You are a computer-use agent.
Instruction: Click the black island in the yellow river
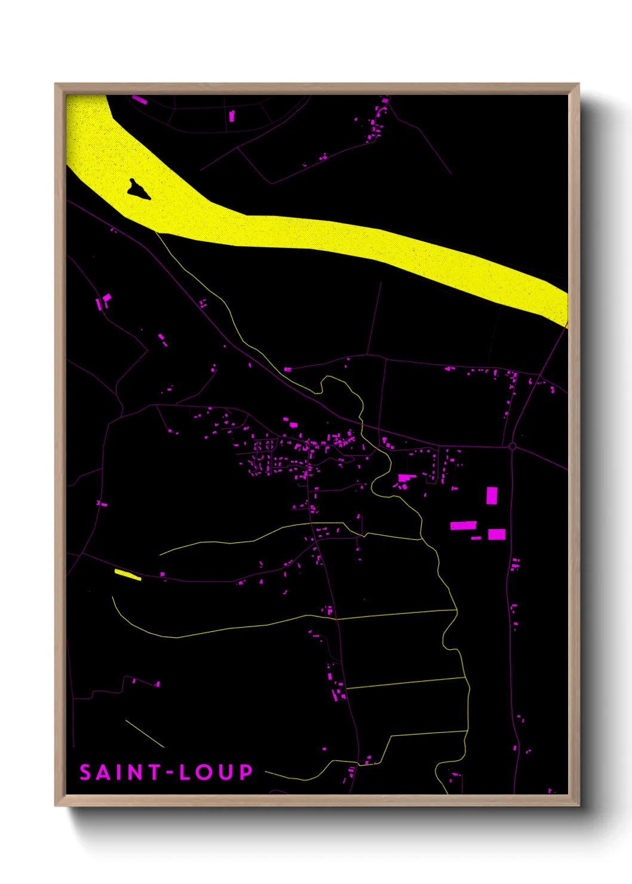138,190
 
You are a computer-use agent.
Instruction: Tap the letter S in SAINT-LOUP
85,772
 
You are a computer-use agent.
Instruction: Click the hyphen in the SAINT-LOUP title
170,773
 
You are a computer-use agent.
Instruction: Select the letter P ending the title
246,772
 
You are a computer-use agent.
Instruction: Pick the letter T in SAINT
154,772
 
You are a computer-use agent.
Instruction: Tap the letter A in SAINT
103,772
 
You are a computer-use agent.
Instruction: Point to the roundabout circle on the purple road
512,446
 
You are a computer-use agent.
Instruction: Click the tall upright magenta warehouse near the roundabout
492,496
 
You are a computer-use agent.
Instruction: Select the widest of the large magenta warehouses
463,526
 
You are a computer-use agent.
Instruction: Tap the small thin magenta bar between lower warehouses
476,538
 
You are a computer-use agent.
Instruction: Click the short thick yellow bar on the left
127,575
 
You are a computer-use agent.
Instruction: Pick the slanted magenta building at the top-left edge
139,100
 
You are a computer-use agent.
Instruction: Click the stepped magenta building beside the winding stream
406,478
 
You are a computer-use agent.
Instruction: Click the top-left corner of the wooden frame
56,84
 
